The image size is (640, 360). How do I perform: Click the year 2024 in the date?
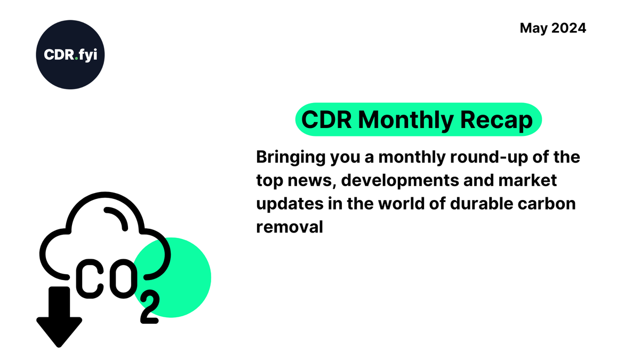click(x=569, y=28)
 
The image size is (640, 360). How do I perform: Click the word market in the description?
click(x=530, y=181)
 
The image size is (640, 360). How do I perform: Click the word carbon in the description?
click(x=551, y=204)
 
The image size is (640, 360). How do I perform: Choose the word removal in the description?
click(x=290, y=227)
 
